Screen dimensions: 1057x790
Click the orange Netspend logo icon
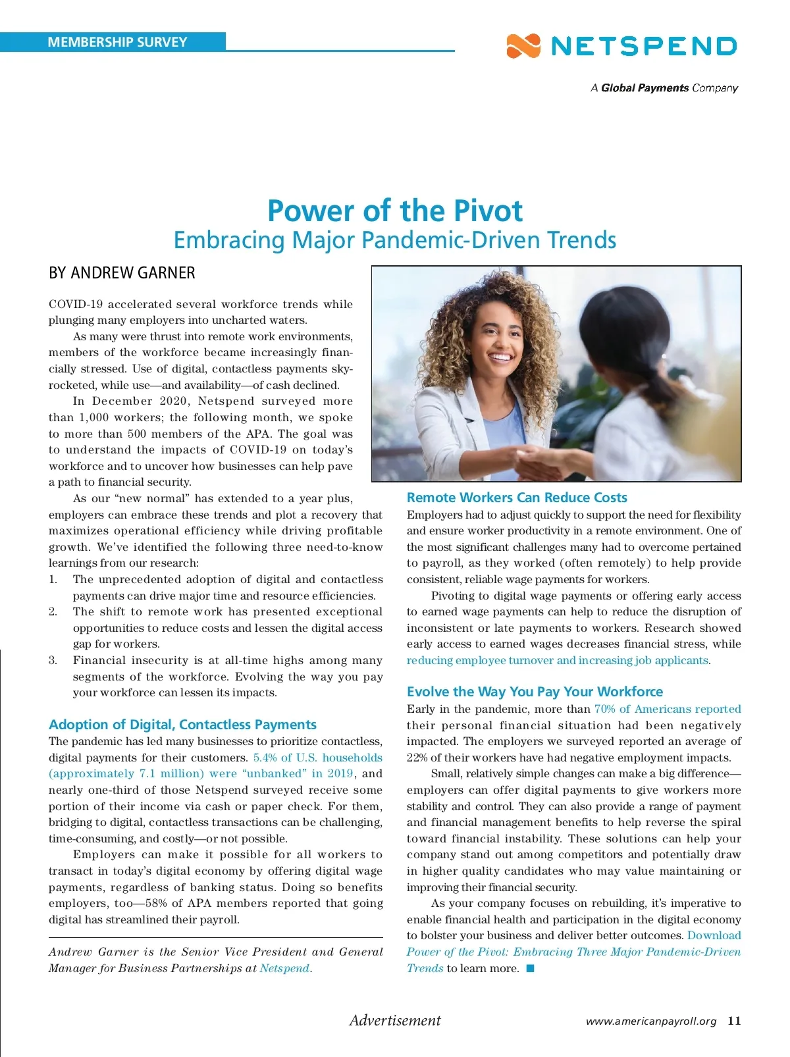pos(523,46)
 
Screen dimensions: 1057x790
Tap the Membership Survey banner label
pos(117,42)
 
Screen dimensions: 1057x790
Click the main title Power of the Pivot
pos(395,211)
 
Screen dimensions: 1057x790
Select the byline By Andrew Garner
pos(122,272)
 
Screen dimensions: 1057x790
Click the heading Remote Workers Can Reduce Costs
pos(517,498)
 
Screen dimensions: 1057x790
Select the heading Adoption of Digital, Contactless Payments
pos(182,725)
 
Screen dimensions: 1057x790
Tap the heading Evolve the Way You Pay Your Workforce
pos(535,692)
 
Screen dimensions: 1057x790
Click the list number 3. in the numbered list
pos(53,660)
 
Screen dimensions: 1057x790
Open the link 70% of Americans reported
pos(668,709)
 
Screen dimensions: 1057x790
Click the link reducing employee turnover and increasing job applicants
pos(558,660)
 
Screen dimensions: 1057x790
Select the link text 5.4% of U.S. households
pos(317,758)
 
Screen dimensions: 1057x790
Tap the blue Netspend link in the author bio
pos(284,968)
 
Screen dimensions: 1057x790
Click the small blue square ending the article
pos(530,968)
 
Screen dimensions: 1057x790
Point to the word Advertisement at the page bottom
pos(395,1020)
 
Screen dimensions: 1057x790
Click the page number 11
pos(734,1021)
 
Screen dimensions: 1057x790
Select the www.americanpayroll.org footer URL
pos(650,1021)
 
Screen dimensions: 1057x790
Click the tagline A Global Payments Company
pos(664,88)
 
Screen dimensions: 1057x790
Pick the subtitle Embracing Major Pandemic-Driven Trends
pos(395,240)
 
